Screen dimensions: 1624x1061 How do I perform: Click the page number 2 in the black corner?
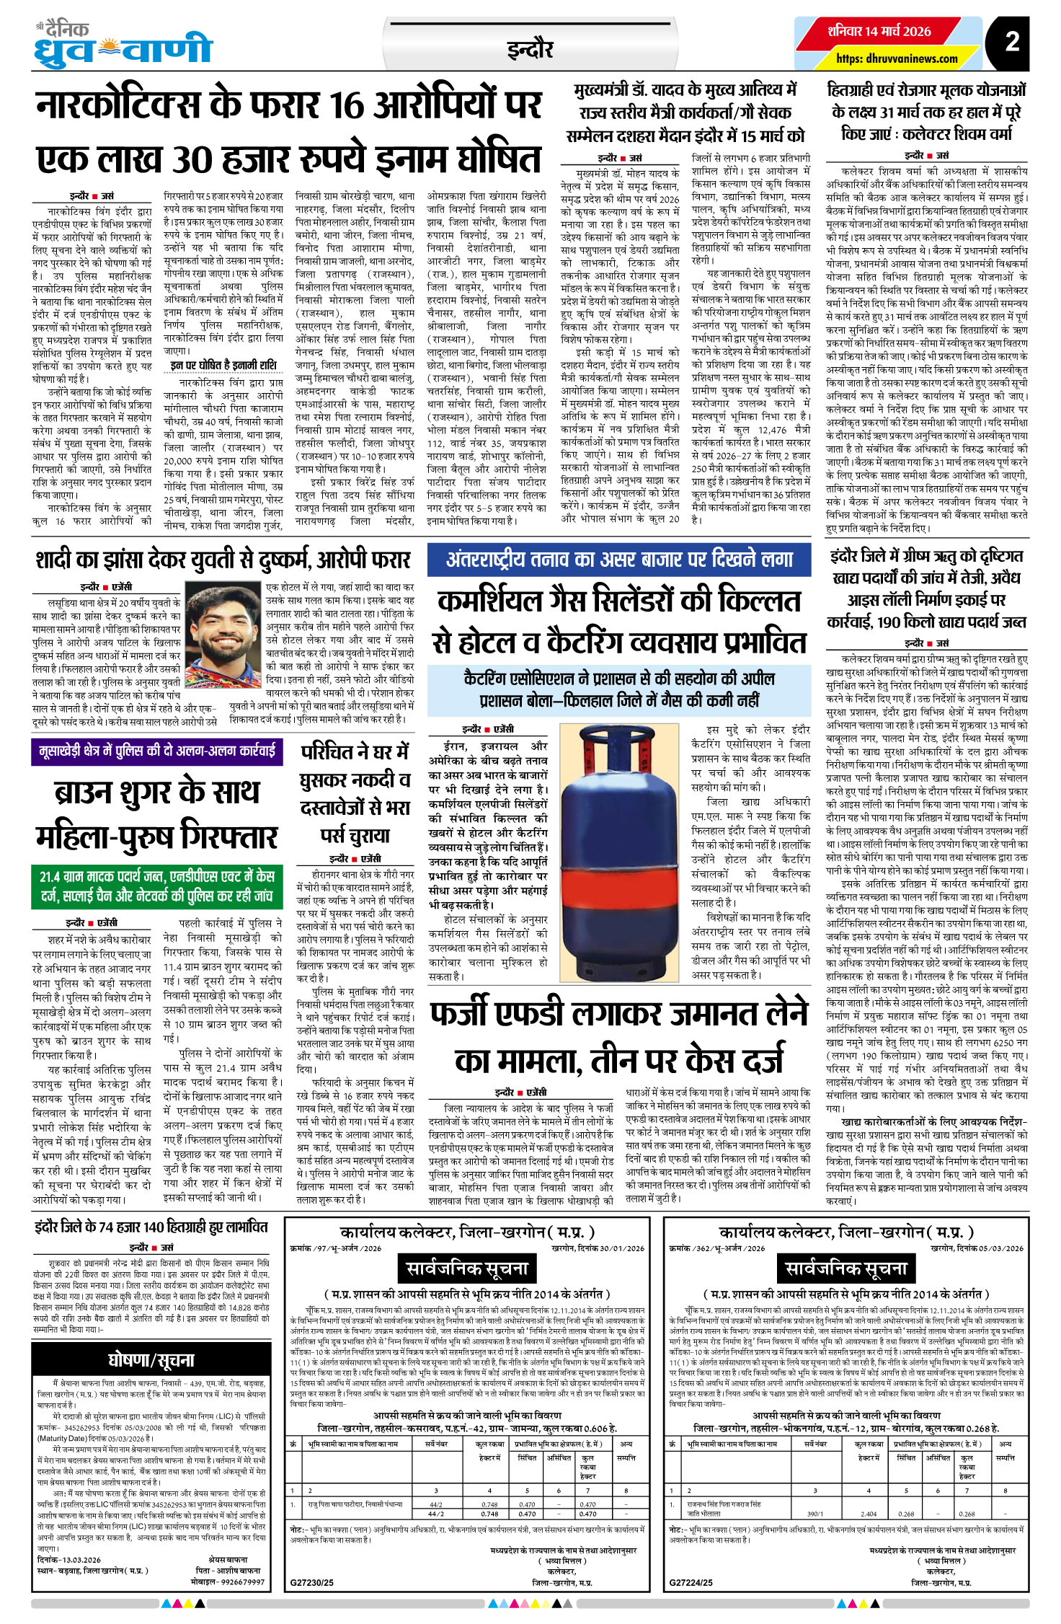tap(1013, 41)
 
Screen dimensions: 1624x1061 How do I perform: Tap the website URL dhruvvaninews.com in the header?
tap(897, 58)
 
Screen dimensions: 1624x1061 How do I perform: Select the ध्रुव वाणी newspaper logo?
tap(123, 45)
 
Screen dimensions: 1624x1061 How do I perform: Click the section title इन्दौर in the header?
tap(530, 49)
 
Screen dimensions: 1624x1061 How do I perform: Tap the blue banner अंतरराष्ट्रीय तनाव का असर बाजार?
tap(619, 560)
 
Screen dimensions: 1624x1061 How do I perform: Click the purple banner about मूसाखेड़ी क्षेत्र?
tap(156, 751)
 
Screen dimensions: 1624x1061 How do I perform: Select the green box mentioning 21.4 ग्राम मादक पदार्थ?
tap(156, 886)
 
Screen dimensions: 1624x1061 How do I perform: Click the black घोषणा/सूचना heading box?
tap(151, 1360)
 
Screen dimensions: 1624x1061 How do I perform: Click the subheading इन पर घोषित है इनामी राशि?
tap(223, 366)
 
